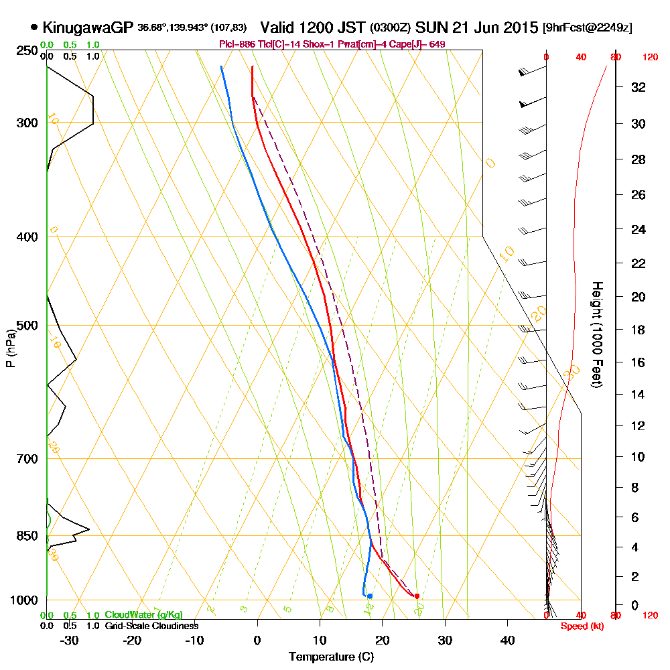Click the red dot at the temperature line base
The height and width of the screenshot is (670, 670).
(x=417, y=596)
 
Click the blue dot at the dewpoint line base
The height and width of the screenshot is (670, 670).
(x=370, y=596)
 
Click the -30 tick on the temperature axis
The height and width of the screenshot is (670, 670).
(x=70, y=640)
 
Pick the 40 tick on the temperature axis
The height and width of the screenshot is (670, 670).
(x=507, y=640)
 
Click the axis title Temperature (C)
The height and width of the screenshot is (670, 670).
(x=331, y=657)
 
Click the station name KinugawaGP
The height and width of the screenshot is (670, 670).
(x=88, y=27)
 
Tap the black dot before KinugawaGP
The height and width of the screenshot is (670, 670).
(x=34, y=27)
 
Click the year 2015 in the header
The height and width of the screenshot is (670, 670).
(x=519, y=27)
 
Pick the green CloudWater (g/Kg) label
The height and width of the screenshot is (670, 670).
(x=143, y=614)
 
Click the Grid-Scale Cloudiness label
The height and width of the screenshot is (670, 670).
(x=151, y=626)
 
